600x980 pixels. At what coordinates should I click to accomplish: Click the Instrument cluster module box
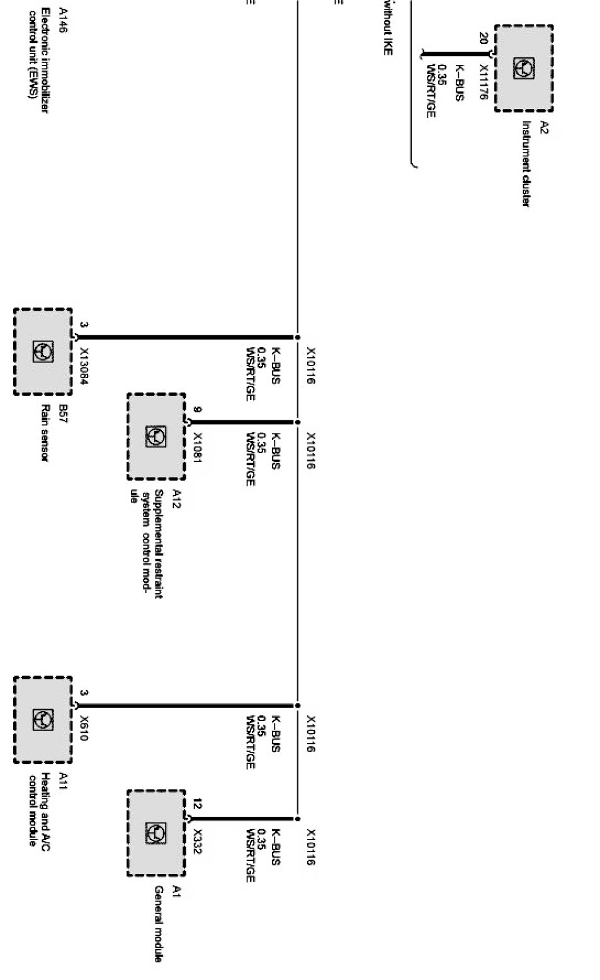[523, 68]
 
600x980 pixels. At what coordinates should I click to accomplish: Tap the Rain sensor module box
[43, 352]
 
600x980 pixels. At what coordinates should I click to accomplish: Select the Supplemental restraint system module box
[156, 436]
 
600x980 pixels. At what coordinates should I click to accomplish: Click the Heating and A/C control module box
[43, 719]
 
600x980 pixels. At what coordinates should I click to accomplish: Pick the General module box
[156, 833]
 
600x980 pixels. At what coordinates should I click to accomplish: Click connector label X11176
[483, 82]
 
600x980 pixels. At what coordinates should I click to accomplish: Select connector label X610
[84, 727]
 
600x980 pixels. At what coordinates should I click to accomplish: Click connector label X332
[197, 841]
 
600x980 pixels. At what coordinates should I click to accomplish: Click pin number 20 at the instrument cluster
[483, 38]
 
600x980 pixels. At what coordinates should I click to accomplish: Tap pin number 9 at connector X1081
[197, 410]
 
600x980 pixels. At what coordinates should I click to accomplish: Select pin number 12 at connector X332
[197, 804]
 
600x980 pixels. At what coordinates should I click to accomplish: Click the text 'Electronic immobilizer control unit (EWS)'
[37, 61]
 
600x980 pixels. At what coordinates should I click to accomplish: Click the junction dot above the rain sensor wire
[298, 338]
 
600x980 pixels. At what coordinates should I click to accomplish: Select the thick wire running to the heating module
[189, 706]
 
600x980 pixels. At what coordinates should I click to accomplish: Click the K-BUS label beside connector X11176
[460, 83]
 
